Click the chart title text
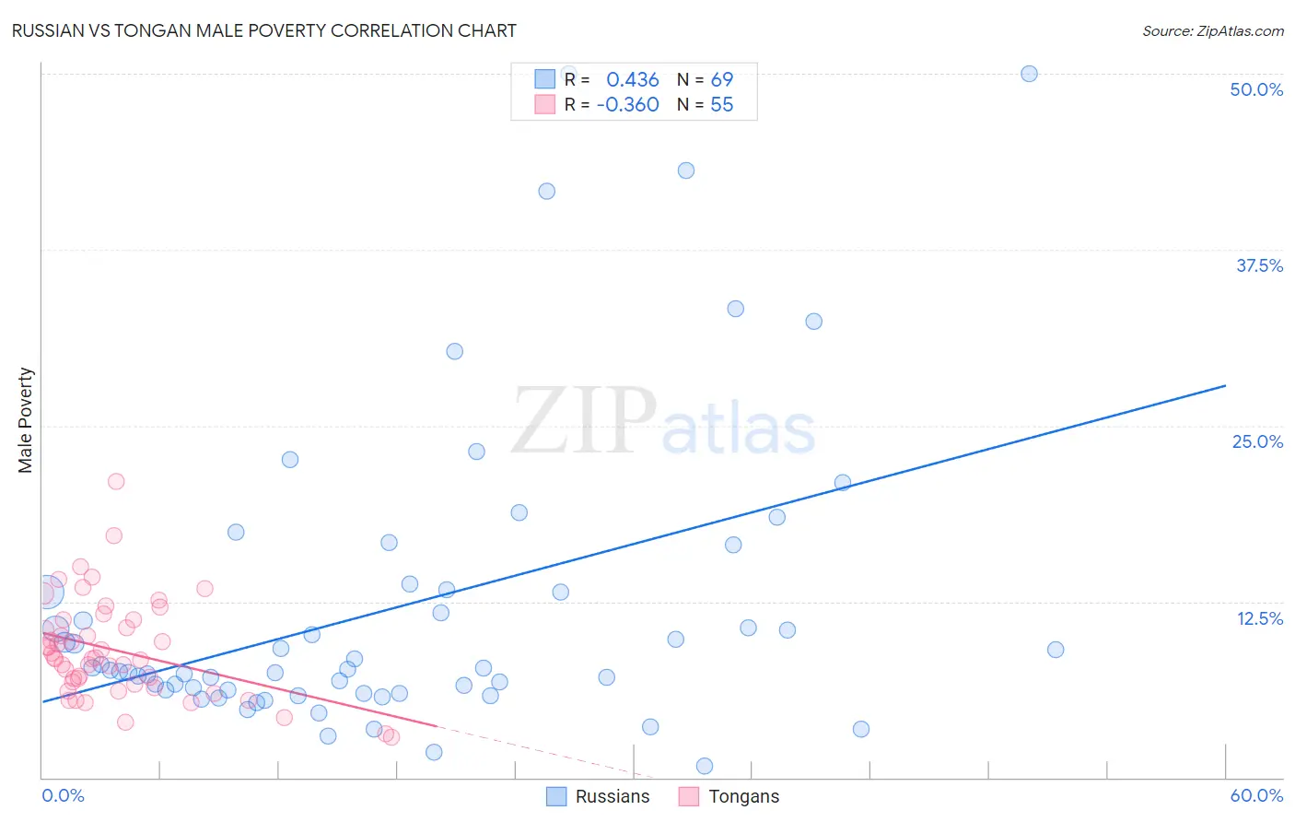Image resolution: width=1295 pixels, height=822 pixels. click(x=263, y=30)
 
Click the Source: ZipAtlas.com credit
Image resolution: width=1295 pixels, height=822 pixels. click(x=1212, y=30)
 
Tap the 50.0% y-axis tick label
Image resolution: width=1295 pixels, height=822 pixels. click(x=1256, y=89)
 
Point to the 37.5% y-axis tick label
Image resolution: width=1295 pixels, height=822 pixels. click(x=1259, y=265)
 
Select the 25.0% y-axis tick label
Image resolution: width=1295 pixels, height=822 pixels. click(x=1257, y=441)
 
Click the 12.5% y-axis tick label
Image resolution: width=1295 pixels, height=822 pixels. click(x=1259, y=618)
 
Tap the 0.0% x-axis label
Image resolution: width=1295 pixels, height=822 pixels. click(x=63, y=795)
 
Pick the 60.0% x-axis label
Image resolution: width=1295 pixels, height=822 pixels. click(x=1256, y=795)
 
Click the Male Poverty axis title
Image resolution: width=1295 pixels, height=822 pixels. click(x=25, y=420)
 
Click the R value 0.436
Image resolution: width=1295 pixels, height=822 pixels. click(x=632, y=80)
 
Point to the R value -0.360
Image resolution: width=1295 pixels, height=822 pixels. click(x=627, y=105)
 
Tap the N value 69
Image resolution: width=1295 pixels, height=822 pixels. click(x=721, y=80)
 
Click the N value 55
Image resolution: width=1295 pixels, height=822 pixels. click(x=721, y=105)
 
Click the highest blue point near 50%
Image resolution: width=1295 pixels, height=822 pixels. click(x=1029, y=74)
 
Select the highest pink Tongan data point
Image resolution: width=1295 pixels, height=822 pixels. click(x=116, y=481)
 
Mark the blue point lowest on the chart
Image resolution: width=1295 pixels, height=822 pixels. click(x=705, y=766)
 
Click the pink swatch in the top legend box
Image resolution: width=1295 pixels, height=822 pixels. click(x=545, y=104)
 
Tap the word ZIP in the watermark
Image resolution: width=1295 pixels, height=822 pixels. click(x=583, y=421)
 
